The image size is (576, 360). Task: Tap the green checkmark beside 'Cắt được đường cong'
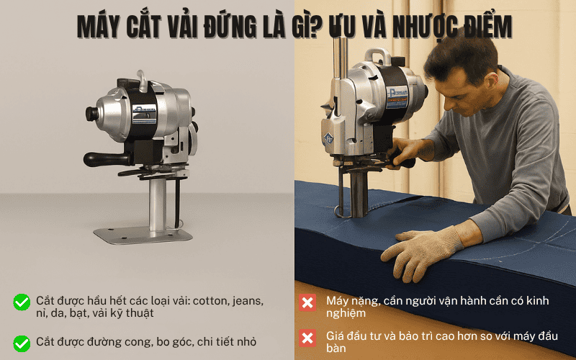pos(22,343)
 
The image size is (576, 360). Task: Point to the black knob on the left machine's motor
pos(91,114)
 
